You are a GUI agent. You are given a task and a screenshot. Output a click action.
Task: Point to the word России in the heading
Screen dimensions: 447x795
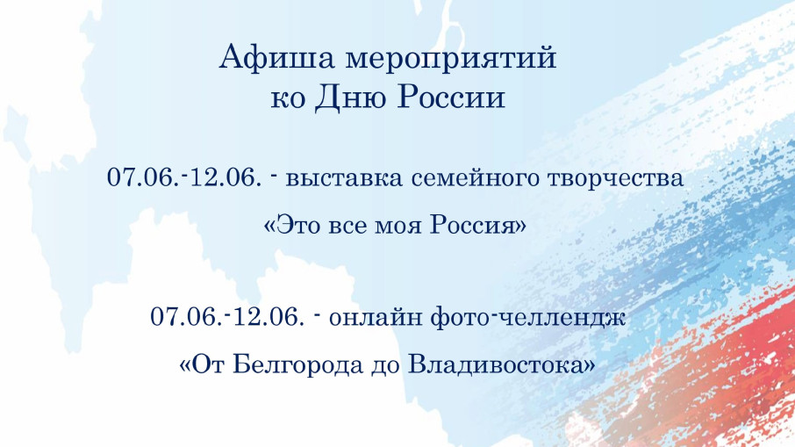tap(455, 97)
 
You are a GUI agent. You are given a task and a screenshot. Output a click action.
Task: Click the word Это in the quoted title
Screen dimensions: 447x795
tap(299, 225)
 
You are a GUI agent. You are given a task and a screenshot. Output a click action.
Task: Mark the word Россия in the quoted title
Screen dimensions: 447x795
tap(479, 225)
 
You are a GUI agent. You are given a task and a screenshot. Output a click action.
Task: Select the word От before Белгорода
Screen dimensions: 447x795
tap(207, 364)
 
